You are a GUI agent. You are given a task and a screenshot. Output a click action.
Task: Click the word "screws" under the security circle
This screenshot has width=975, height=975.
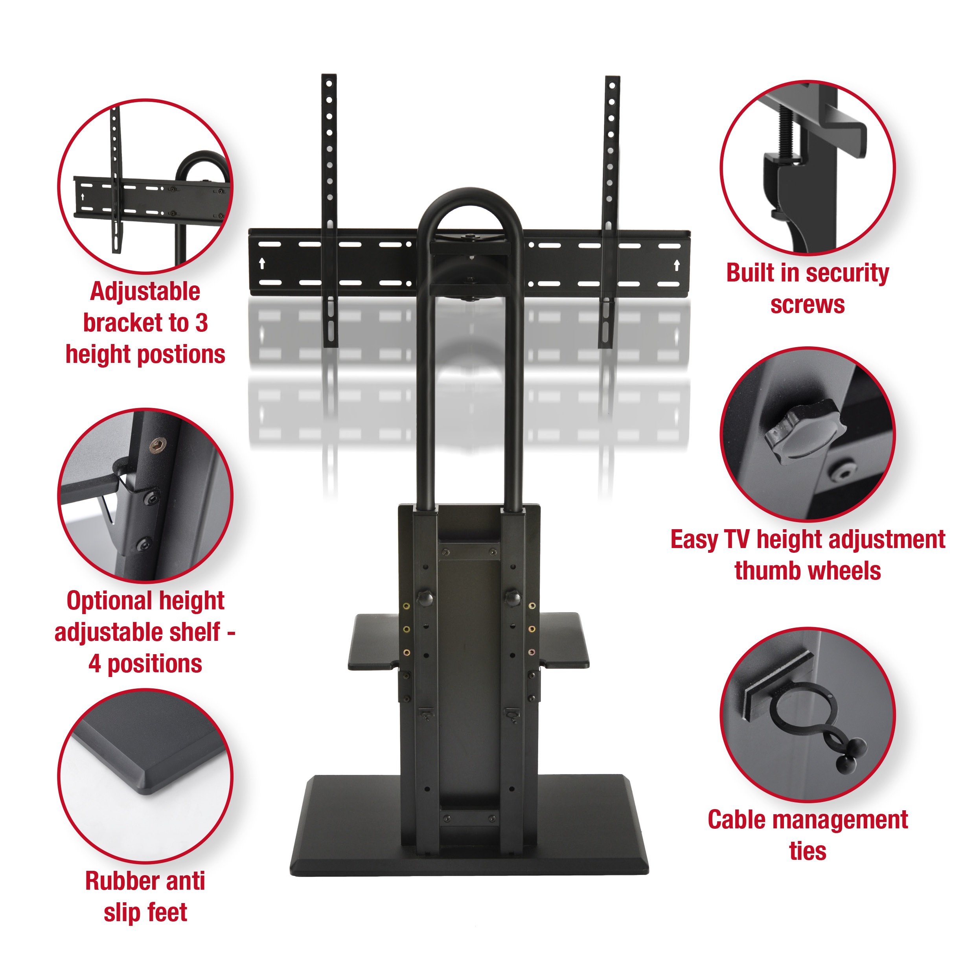807,305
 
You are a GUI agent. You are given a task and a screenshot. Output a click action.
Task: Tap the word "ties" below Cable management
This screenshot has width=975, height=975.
808,852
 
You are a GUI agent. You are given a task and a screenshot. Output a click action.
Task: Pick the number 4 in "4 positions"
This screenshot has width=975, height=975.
94,664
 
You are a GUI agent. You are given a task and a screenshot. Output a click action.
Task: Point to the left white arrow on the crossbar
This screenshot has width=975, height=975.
262,263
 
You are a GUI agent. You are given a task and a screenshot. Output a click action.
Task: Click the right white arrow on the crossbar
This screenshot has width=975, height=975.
677,265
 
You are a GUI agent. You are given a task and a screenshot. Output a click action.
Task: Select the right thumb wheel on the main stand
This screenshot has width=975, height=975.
512,597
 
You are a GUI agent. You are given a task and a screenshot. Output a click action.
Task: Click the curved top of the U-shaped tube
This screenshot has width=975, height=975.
469,198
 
